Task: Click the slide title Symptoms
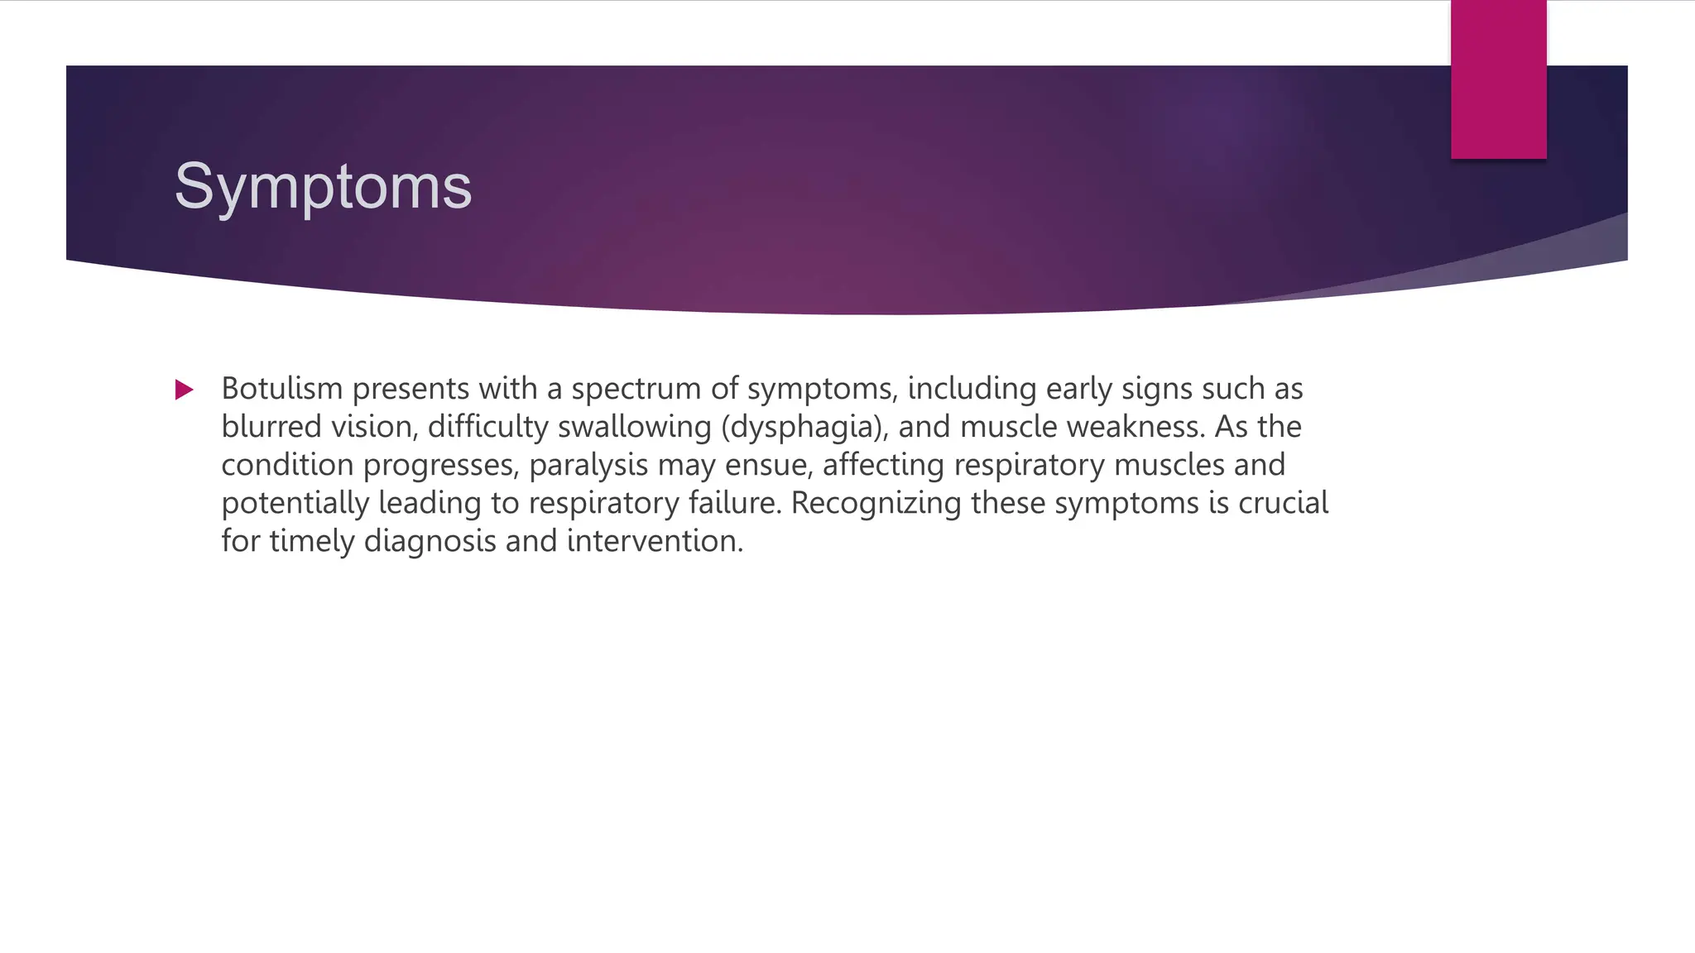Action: click(323, 188)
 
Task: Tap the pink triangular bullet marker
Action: click(184, 390)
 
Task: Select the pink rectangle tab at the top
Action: click(1498, 79)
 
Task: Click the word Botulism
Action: click(281, 388)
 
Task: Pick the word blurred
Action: click(271, 427)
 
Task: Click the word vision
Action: click(374, 427)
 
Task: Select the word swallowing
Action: click(634, 427)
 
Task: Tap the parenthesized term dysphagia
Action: click(804, 428)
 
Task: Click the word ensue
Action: click(773, 465)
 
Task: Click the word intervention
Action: click(655, 541)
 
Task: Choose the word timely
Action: click(312, 541)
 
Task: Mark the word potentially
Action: click(295, 503)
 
